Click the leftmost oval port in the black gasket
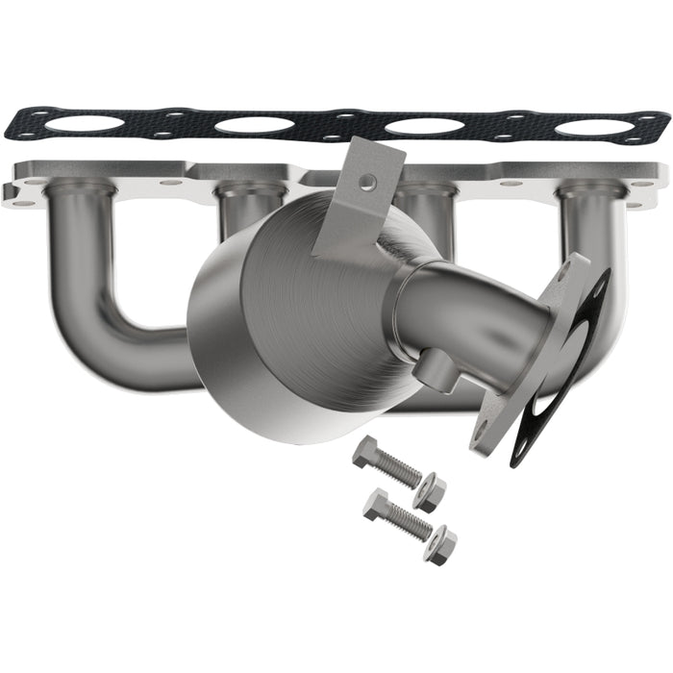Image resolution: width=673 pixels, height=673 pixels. click(85, 124)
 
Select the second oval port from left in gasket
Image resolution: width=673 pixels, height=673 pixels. click(253, 125)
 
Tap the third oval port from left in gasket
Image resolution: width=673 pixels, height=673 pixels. click(423, 126)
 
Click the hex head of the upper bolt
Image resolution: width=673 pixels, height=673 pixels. click(367, 451)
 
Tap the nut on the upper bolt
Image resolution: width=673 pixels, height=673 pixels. click(429, 492)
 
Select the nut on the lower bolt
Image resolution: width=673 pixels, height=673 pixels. click(441, 544)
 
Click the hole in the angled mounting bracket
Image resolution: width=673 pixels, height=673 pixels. click(366, 182)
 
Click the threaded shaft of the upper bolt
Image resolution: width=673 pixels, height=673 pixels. click(399, 470)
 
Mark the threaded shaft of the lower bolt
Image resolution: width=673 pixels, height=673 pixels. click(410, 522)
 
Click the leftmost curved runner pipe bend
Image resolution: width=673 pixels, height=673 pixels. click(91, 317)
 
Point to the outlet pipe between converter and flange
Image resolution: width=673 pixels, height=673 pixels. click(471, 308)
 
